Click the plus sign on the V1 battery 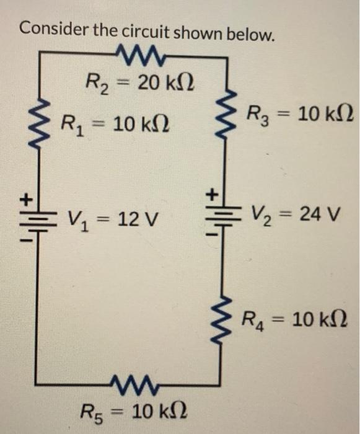pyautogui.click(x=25, y=200)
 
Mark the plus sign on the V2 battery pyautogui.click(x=211, y=193)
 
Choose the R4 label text pyautogui.click(x=253, y=321)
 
